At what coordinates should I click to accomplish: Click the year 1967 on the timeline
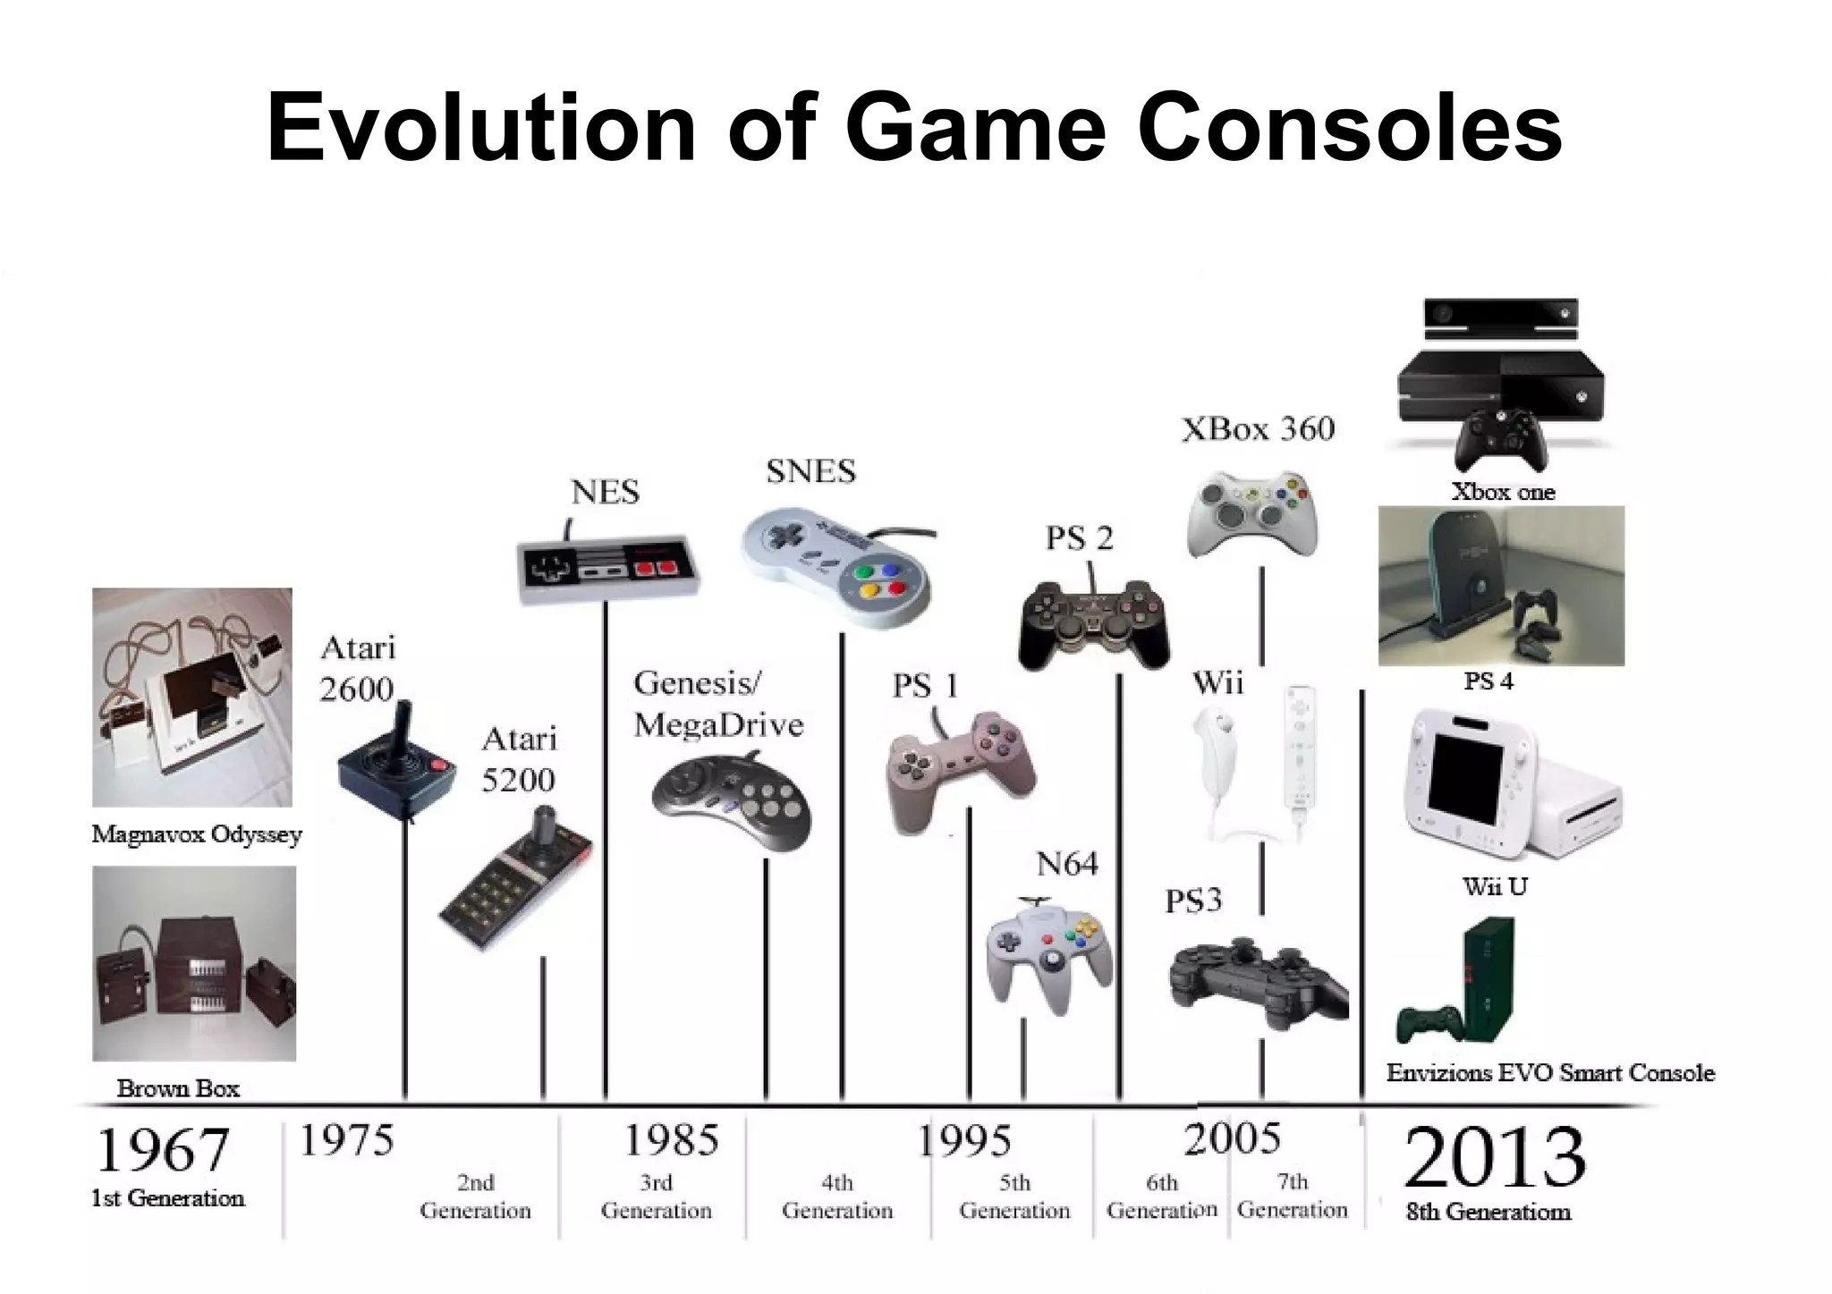click(162, 1150)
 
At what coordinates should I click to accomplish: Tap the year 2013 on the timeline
click(1495, 1158)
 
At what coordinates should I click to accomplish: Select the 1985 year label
click(671, 1140)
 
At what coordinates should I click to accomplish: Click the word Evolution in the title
click(480, 127)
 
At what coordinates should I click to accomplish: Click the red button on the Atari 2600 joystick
click(438, 764)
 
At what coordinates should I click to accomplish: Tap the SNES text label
click(810, 471)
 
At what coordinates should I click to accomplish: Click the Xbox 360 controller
click(1251, 514)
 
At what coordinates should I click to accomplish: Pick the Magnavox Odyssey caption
click(197, 834)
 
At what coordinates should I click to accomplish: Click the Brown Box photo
click(194, 963)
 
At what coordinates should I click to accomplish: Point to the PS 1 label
click(925, 686)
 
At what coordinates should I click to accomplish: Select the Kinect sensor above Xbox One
click(1500, 317)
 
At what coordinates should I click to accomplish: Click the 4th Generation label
click(836, 1197)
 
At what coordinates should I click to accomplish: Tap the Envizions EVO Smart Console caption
click(1550, 1072)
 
